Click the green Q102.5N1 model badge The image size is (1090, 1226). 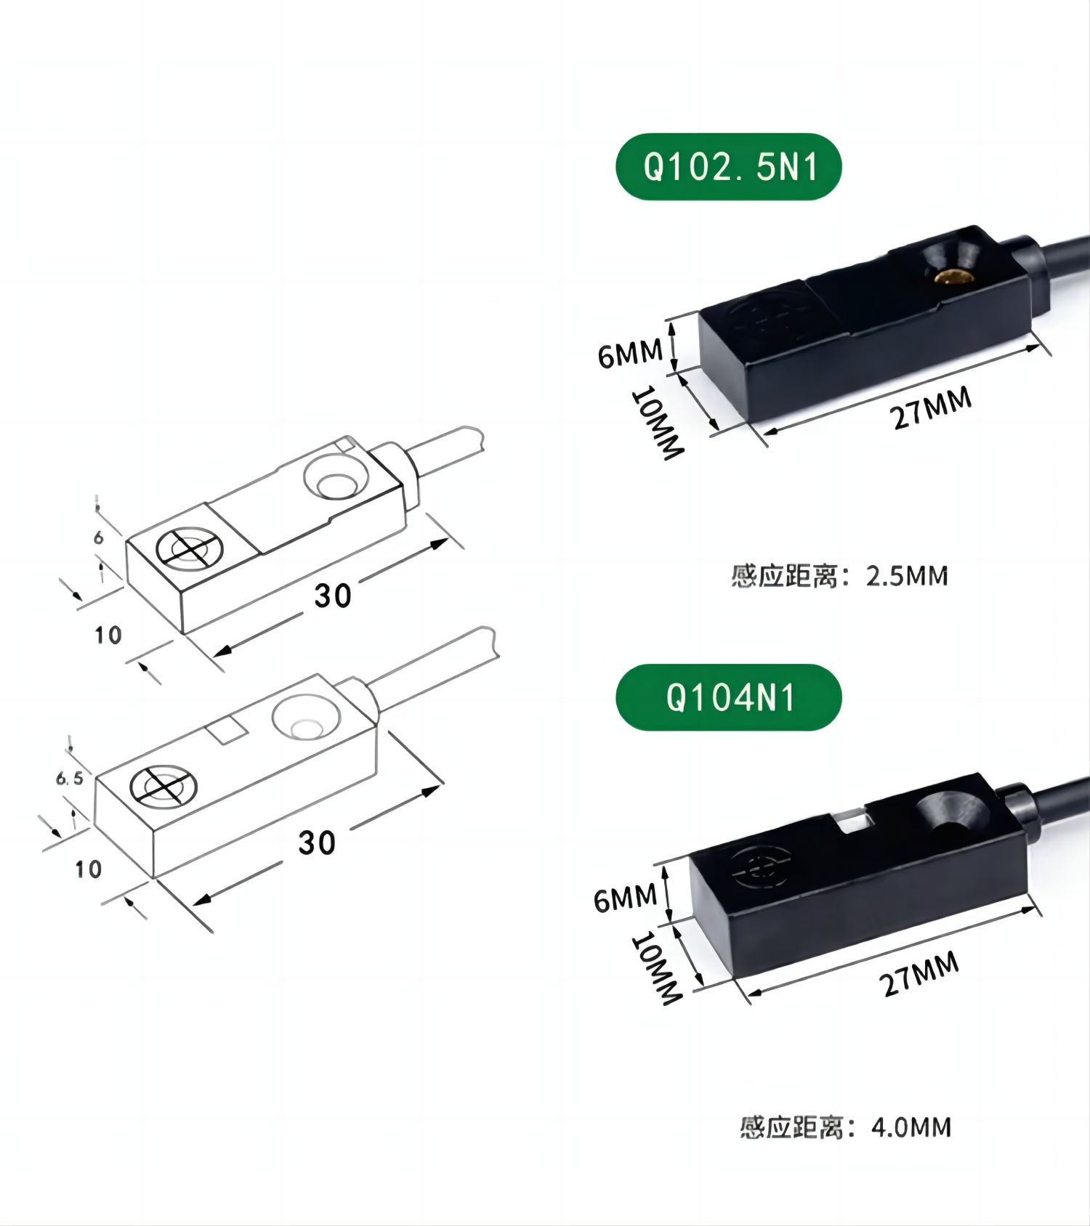729,167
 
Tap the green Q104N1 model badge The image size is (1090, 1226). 729,697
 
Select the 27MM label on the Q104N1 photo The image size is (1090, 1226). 919,974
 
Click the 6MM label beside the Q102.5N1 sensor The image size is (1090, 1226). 630,354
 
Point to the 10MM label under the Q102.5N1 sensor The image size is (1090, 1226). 658,423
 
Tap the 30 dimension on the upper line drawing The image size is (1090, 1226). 333,596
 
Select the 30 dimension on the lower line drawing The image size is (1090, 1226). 317,843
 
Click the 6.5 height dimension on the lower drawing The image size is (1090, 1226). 70,779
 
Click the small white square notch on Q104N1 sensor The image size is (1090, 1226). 852,824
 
